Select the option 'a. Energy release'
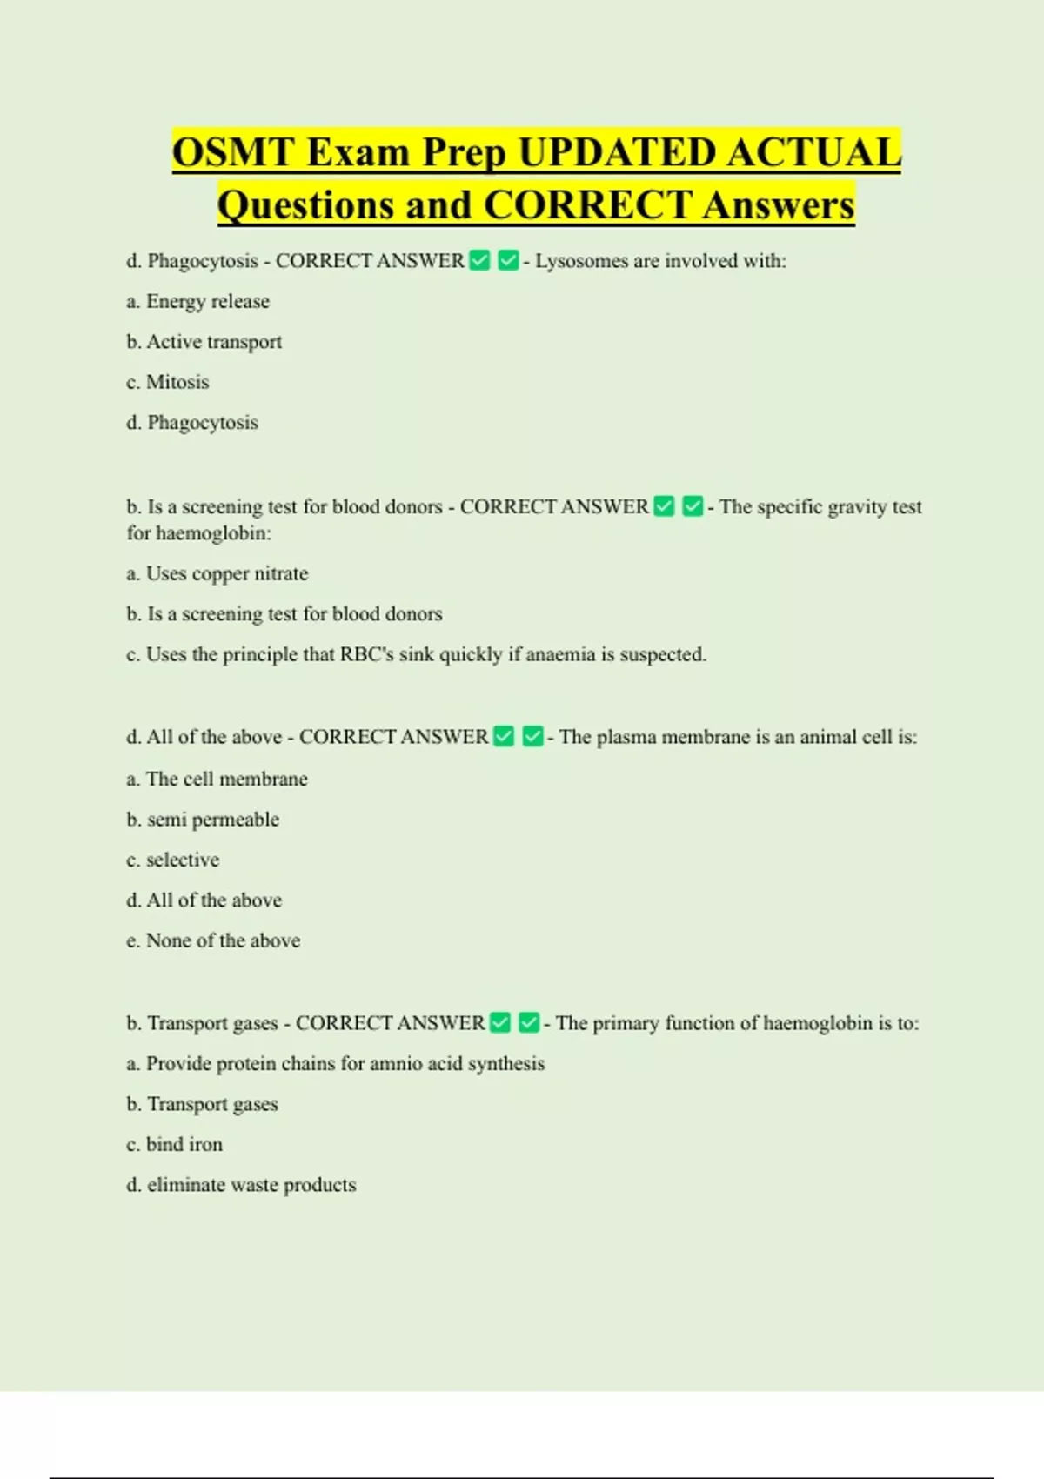click(x=198, y=301)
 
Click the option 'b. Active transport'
click(x=204, y=342)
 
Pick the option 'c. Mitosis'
click(x=168, y=382)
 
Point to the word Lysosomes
click(x=580, y=261)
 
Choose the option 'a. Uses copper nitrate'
click(x=217, y=573)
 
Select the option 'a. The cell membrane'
click(x=217, y=779)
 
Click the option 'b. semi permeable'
click(x=203, y=820)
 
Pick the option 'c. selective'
click(x=173, y=860)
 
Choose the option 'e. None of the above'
click(x=213, y=940)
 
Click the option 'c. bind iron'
click(x=175, y=1144)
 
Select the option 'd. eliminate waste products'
click(x=241, y=1185)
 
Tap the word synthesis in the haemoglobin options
click(x=506, y=1063)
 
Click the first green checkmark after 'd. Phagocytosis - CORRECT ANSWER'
click(x=480, y=260)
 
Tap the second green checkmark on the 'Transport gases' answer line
click(x=529, y=1022)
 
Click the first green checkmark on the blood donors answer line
click(x=665, y=506)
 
